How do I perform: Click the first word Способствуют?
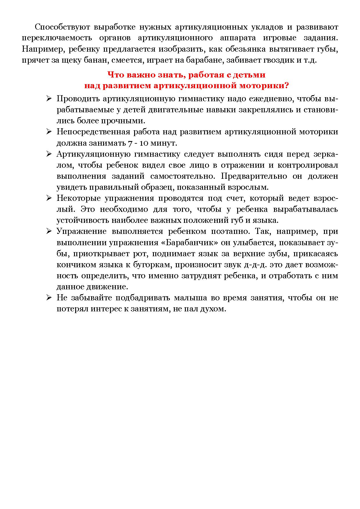(x=61, y=27)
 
